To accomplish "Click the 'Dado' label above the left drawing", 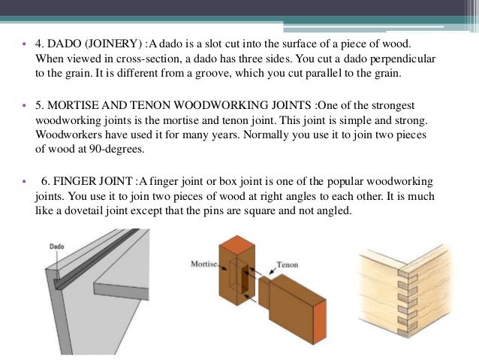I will pos(56,246).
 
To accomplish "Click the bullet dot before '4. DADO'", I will pos(23,47).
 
